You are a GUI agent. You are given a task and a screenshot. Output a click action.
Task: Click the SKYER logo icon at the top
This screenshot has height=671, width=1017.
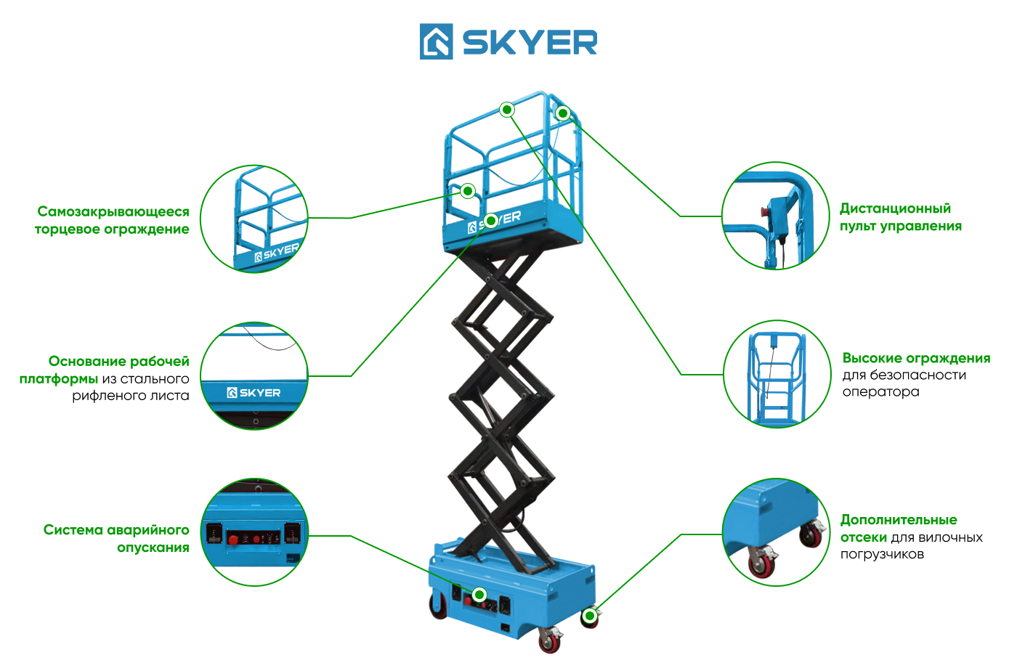point(436,41)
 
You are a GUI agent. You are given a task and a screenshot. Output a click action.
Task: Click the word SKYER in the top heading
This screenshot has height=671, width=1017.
point(530,43)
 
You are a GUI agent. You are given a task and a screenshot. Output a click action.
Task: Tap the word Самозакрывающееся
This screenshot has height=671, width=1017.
point(113,211)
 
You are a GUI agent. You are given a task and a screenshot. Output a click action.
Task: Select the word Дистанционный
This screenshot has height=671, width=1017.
point(895,208)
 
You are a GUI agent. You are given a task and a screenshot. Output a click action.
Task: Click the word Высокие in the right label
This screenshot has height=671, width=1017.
point(871,358)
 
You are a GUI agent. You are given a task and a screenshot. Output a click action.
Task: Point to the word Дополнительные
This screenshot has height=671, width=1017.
point(899,520)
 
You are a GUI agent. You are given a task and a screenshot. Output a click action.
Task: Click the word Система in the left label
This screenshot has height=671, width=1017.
point(73,530)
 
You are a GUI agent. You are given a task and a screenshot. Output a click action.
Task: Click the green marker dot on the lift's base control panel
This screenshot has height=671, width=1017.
point(479,594)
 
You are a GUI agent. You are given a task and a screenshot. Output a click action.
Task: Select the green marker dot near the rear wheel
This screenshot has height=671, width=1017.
point(589,616)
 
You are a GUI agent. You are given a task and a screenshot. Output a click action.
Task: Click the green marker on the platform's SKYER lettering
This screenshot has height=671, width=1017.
point(490,221)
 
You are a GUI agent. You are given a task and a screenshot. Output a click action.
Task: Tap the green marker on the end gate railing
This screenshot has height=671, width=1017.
point(467,191)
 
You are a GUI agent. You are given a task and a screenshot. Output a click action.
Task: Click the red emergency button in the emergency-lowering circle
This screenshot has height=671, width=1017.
point(233,540)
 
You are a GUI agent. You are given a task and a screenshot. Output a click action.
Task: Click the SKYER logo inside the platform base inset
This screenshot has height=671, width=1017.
point(254,393)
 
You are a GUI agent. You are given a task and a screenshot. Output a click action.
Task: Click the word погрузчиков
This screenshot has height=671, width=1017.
point(882,555)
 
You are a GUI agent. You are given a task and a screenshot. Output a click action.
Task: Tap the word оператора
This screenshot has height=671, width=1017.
point(880,392)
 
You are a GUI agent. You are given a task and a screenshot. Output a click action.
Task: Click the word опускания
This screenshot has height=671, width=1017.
point(153,548)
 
